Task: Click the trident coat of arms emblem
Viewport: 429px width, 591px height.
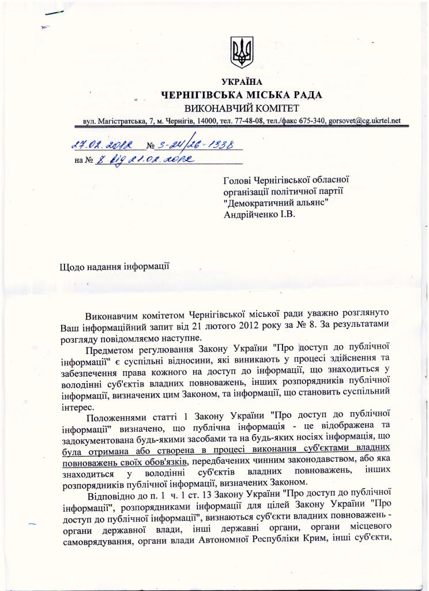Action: [x=242, y=52]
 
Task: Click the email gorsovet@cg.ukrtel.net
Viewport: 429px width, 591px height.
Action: [x=364, y=121]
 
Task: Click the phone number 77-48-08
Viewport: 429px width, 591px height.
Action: [x=250, y=121]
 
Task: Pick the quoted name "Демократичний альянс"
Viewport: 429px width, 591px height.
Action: [x=272, y=204]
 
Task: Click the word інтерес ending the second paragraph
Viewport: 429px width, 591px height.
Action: [x=77, y=406]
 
